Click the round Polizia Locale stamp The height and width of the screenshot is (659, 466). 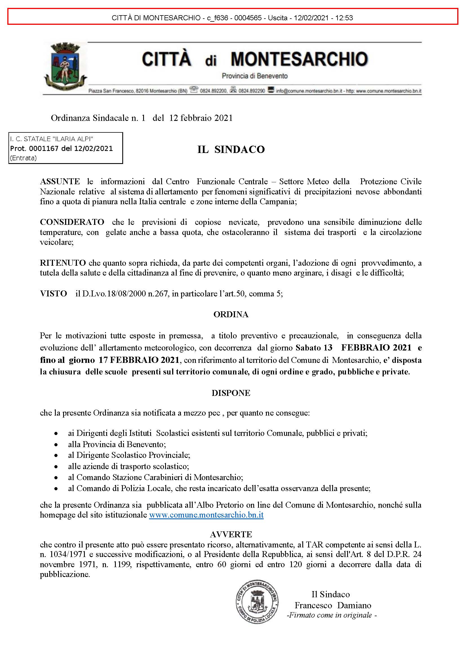point(257,602)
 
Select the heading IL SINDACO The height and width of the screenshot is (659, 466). point(231,150)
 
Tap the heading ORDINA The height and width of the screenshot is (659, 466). point(231,315)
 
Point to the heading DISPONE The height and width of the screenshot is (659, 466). point(231,393)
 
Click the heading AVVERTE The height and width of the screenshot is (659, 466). point(231,534)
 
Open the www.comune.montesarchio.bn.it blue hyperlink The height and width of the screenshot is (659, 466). point(206,515)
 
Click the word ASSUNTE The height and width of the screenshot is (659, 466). point(60,181)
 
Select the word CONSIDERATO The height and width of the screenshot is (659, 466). point(72,222)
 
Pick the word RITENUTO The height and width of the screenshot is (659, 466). point(63,263)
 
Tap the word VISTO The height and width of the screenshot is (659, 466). point(54,293)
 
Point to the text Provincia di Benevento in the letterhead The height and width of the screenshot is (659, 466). point(254,76)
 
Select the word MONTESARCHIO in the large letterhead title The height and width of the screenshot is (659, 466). point(299,59)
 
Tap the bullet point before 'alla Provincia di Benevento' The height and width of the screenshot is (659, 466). point(56,445)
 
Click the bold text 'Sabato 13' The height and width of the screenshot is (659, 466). point(314,348)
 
